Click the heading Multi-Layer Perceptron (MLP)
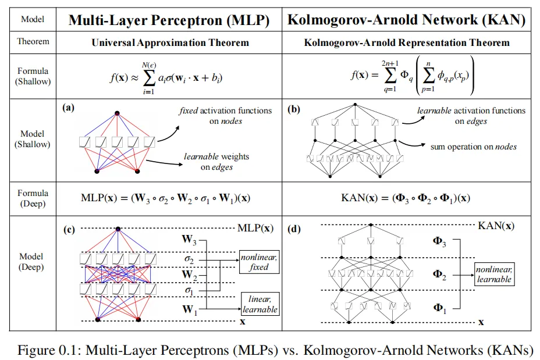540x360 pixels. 169,20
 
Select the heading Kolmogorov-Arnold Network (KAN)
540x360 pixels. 406,20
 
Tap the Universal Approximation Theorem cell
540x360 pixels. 170,42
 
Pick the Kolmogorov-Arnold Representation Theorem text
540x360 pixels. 407,42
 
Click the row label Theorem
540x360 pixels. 33,41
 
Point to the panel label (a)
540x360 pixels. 68,108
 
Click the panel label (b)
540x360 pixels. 293,109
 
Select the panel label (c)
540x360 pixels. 69,230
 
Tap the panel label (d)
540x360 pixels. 294,229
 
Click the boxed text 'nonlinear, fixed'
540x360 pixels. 259,262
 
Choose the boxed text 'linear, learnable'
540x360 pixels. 260,304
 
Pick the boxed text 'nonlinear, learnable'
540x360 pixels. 494,275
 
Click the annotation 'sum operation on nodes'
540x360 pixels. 474,147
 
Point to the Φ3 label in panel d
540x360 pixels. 439,241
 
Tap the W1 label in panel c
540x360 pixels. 190,309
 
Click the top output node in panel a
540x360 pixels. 117,113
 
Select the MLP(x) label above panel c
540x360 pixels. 255,228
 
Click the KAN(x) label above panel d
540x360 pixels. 496,226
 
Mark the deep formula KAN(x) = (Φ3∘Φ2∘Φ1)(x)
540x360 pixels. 406,198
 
